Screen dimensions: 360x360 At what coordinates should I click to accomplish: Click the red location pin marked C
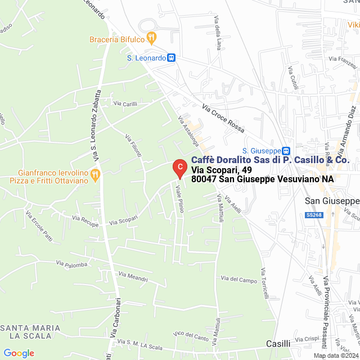179,167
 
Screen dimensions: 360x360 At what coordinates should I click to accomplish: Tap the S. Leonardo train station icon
172,57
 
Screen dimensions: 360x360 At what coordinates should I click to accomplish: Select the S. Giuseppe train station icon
286,151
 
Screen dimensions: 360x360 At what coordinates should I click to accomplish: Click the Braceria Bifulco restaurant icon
151,38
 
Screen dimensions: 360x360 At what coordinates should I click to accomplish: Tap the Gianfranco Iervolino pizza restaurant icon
95,175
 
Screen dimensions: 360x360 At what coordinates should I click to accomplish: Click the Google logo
19,353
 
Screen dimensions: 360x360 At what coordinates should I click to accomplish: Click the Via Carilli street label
125,103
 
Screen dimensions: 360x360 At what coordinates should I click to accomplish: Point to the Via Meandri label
133,276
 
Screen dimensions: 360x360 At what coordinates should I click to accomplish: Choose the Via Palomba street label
71,263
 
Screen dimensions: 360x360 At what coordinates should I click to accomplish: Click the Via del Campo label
239,279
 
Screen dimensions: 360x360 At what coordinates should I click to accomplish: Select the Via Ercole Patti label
39,226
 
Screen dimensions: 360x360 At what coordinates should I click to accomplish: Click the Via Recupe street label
85,218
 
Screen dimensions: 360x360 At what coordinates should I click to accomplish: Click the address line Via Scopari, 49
221,170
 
